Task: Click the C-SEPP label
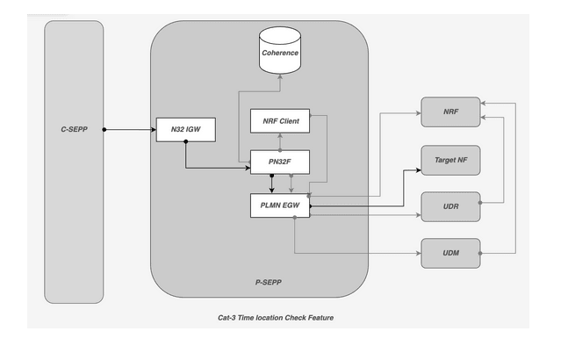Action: click(x=74, y=130)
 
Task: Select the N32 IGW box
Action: click(x=184, y=129)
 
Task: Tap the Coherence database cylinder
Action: click(x=280, y=51)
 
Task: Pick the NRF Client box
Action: click(x=280, y=119)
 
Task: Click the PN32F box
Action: click(x=280, y=162)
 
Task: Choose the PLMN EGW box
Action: click(x=280, y=205)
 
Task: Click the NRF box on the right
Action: click(x=450, y=112)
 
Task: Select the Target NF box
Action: click(x=450, y=160)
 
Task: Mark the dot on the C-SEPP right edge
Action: click(x=104, y=130)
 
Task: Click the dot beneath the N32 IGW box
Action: click(x=185, y=142)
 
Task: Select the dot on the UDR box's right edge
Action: click(x=480, y=204)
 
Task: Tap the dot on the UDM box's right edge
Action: click(x=480, y=253)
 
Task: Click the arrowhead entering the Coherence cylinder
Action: click(x=280, y=76)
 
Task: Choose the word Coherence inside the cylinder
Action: click(x=280, y=53)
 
